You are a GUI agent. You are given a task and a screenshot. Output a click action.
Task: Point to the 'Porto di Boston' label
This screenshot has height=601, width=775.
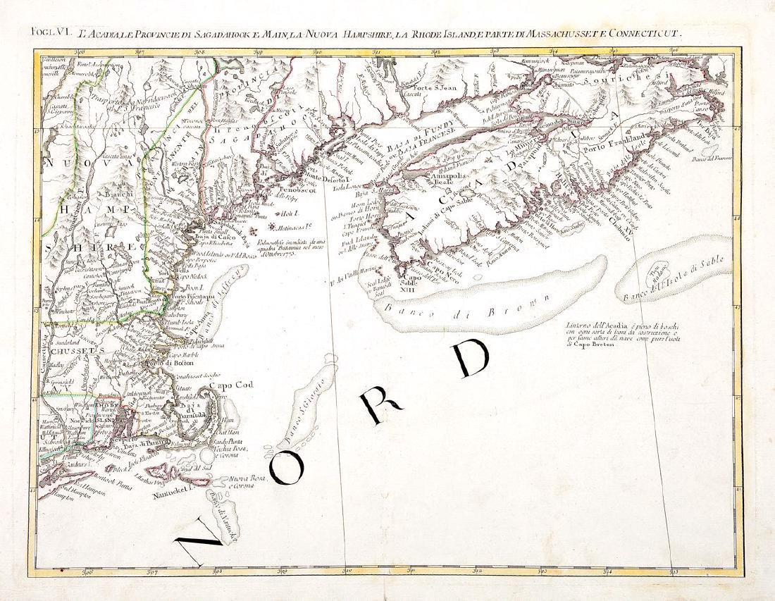pyautogui.click(x=168, y=363)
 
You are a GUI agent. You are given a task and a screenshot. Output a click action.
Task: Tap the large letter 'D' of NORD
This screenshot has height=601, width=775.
pyautogui.click(x=469, y=361)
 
